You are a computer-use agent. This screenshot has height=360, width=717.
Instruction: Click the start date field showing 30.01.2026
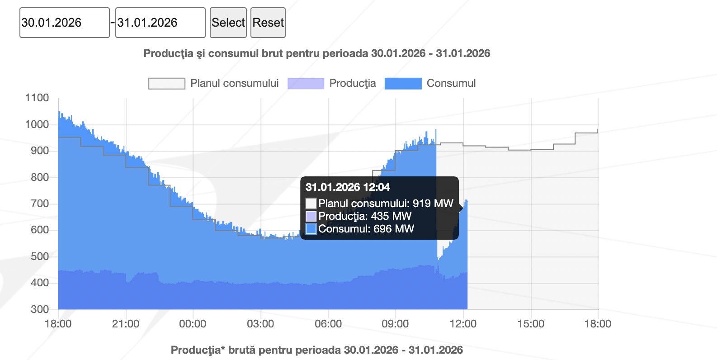[64, 23]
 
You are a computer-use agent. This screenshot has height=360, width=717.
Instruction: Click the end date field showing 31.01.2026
[160, 23]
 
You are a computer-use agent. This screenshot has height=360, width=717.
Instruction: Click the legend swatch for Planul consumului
[167, 84]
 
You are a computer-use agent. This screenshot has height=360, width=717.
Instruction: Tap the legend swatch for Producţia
[306, 84]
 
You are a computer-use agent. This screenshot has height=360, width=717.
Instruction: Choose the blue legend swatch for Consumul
[403, 84]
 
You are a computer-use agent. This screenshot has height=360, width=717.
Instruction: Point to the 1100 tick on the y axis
[37, 98]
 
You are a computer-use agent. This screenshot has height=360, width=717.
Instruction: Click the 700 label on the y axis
[40, 204]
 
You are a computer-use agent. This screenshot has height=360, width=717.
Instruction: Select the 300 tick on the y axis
[40, 309]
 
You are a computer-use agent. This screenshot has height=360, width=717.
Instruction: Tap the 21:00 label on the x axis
[126, 324]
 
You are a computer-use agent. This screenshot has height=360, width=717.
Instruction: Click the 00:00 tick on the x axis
[193, 324]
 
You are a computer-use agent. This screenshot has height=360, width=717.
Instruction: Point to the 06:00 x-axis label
[328, 324]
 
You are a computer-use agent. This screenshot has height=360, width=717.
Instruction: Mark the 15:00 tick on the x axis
[531, 324]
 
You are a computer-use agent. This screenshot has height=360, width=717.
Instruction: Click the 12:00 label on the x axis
[463, 324]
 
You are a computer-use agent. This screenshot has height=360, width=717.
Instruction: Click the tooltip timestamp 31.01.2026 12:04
[348, 187]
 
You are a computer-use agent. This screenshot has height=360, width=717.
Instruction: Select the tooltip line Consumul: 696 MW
[366, 229]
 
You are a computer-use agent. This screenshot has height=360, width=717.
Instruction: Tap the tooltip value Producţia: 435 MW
[364, 216]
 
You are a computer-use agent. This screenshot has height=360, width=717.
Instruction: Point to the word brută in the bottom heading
[242, 350]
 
